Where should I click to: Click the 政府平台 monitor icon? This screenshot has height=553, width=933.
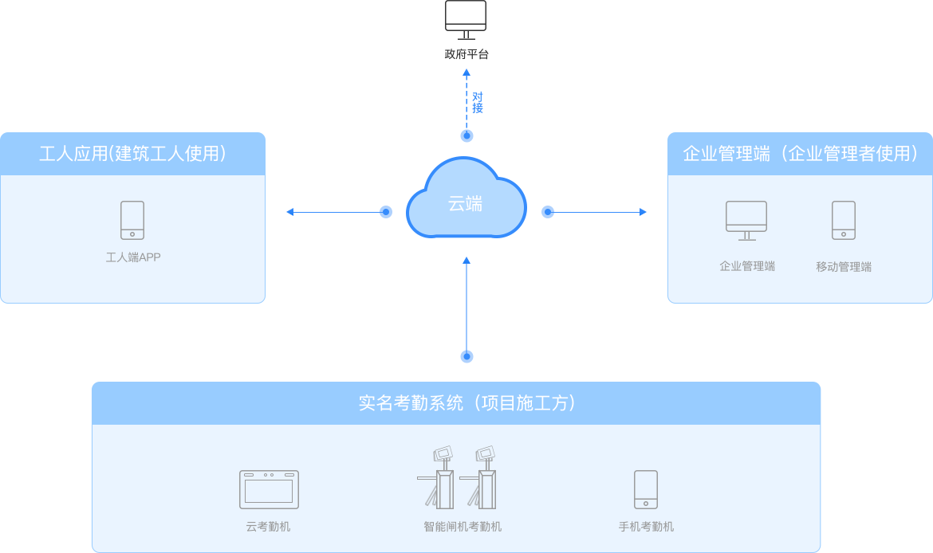tap(466, 19)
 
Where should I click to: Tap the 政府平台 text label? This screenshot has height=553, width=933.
tap(467, 55)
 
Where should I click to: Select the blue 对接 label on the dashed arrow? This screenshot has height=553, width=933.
tap(478, 103)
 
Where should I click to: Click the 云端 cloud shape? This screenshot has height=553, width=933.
tap(466, 199)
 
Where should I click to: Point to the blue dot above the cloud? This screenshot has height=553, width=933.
tap(467, 136)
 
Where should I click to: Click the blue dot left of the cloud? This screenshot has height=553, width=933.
tap(386, 212)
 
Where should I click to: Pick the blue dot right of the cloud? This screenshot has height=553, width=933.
tap(548, 212)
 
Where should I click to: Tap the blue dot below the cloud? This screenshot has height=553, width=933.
tap(467, 356)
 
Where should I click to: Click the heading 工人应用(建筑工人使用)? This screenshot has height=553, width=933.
tap(132, 154)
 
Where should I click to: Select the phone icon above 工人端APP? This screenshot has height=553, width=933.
tap(132, 220)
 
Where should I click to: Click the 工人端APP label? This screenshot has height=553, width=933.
tap(133, 257)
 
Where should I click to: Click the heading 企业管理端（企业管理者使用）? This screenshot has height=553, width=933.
tap(800, 154)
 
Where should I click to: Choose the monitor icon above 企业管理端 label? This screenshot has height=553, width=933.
tap(746, 220)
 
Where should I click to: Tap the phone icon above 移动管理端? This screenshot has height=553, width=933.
tap(844, 220)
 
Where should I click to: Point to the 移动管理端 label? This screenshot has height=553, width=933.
tap(844, 267)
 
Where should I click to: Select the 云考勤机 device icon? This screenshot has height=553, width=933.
tap(269, 489)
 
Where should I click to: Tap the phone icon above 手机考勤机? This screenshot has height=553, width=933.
tap(646, 489)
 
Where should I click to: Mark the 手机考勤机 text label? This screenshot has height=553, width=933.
tap(646, 527)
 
